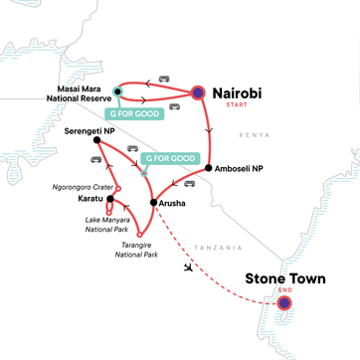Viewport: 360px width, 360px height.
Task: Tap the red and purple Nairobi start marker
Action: (x=198, y=92)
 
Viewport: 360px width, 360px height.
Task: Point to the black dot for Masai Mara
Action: (x=117, y=91)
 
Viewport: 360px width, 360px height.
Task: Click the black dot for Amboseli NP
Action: (x=208, y=168)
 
